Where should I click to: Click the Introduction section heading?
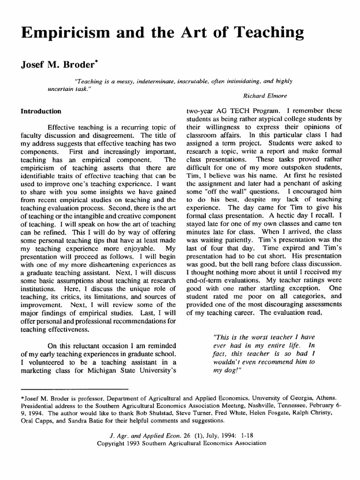40,112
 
